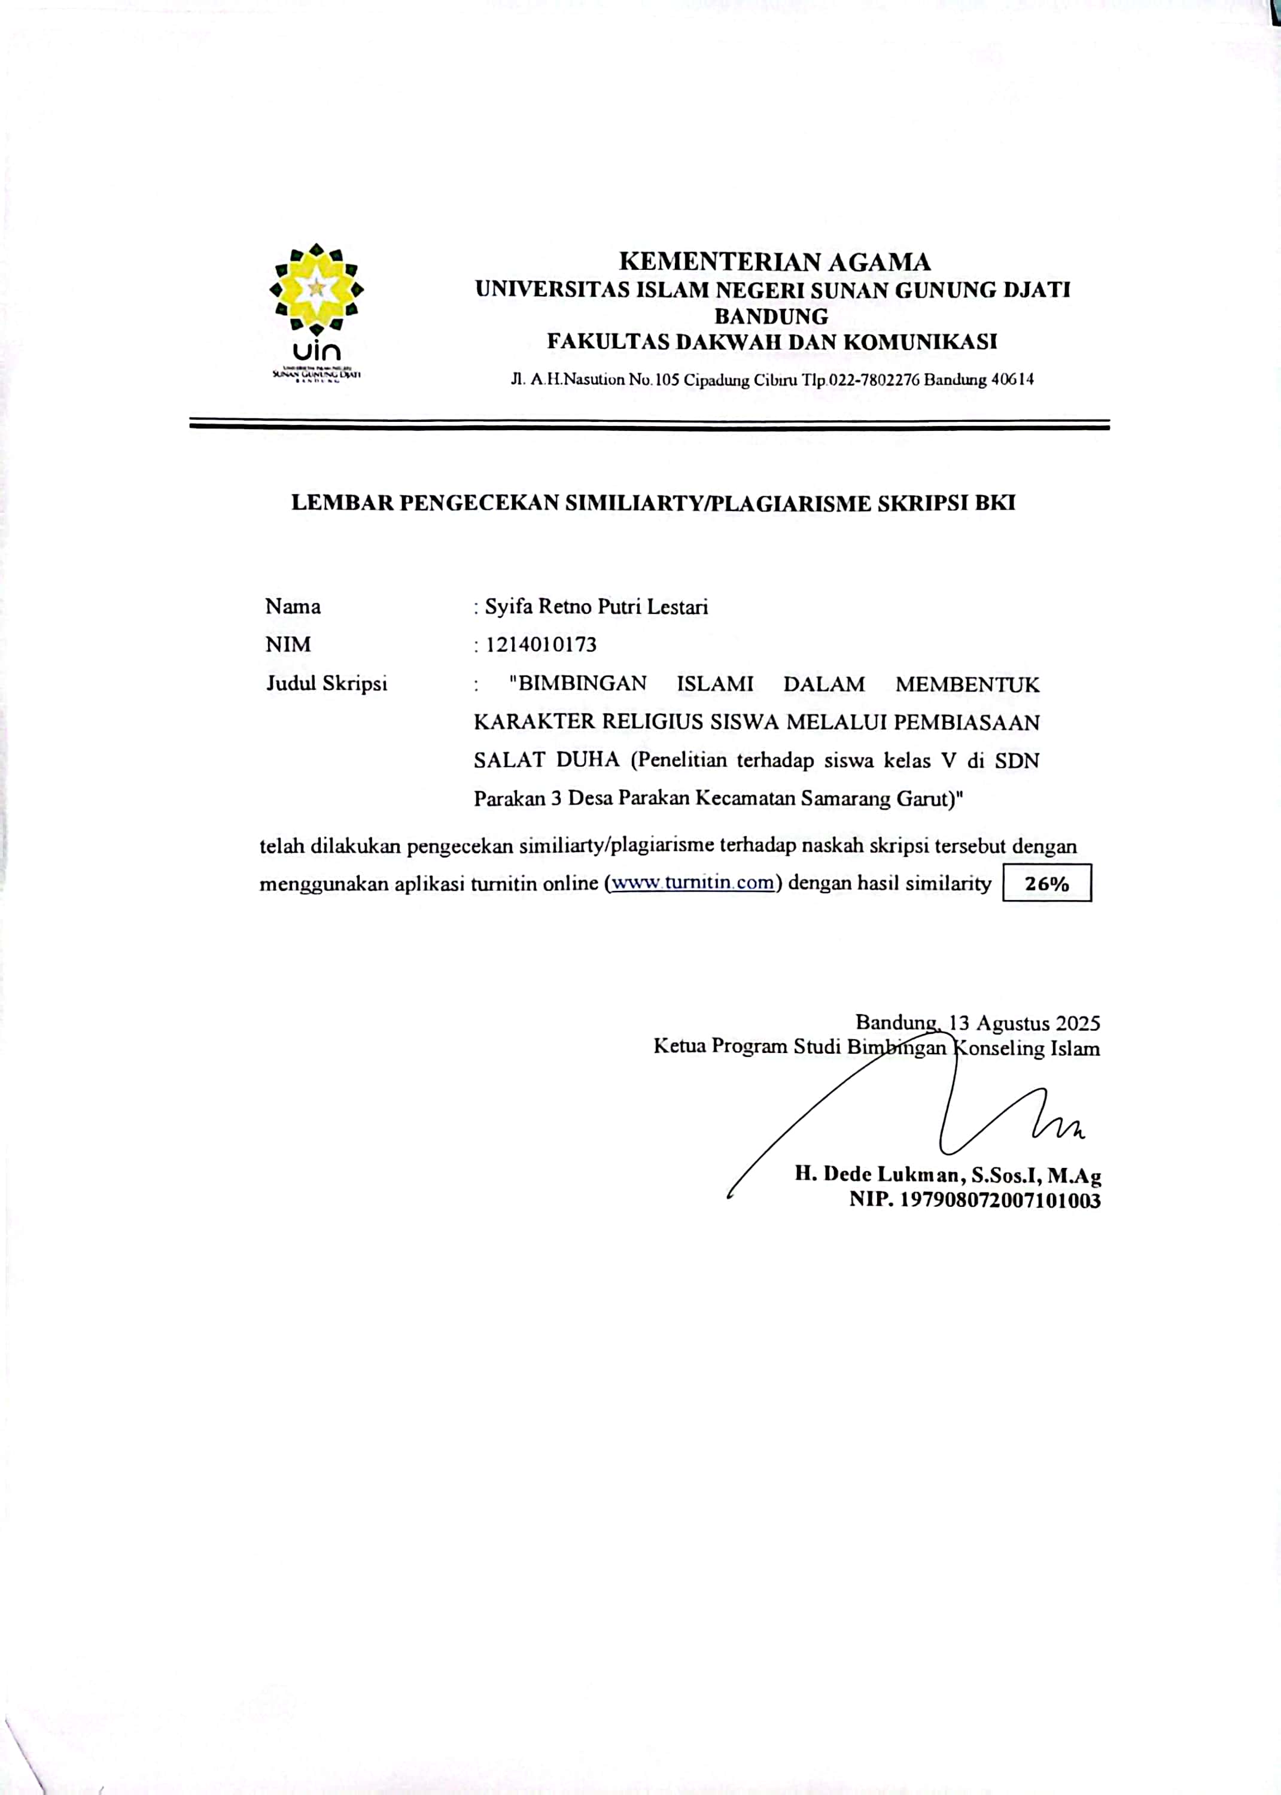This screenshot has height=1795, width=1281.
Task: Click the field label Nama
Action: [293, 607]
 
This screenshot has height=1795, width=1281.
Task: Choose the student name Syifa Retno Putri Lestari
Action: [597, 607]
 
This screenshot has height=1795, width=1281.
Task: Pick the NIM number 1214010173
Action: [541, 644]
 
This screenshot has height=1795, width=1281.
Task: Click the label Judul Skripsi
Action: [327, 683]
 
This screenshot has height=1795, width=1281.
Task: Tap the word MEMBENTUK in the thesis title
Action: [967, 684]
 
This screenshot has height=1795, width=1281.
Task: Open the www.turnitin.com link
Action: [693, 883]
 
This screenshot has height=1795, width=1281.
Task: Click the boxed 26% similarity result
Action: [1046, 883]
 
